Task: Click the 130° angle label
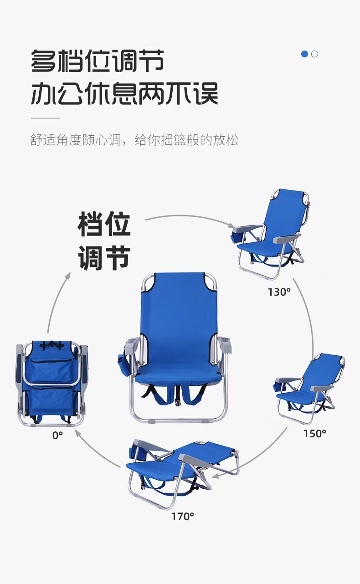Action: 279,292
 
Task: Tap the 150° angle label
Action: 315,433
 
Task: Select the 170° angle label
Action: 183,516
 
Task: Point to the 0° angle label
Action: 57,435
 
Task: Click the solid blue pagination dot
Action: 305,54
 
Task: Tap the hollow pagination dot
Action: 314,54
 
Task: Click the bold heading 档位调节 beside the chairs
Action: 104,241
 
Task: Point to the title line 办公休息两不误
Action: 124,93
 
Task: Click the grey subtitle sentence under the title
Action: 134,140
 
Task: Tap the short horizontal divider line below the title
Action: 45,118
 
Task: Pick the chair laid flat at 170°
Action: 182,469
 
